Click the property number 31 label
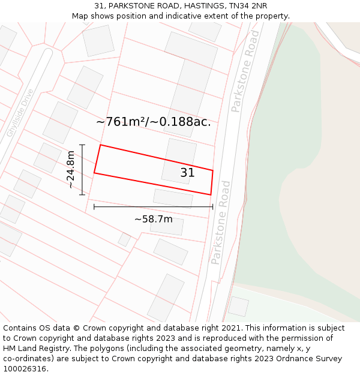coord(187,173)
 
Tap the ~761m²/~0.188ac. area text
coord(154,122)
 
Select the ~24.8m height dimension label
coord(71,170)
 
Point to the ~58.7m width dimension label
coord(153,219)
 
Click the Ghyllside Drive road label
coord(20,114)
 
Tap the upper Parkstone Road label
coord(245,72)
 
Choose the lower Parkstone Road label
coord(220,222)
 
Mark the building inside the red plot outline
coord(179,161)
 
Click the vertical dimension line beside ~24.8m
coord(82,170)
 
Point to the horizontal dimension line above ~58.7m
coord(153,207)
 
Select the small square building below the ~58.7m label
coord(124,239)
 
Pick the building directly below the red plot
coord(173,198)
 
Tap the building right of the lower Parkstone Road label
coord(238,306)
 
